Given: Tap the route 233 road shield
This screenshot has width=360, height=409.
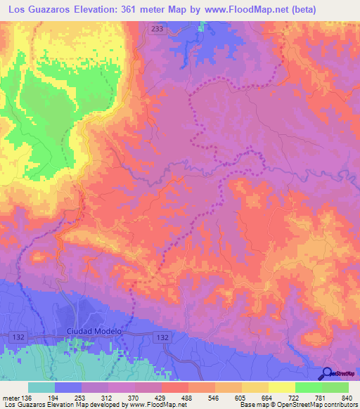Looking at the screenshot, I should (x=157, y=28).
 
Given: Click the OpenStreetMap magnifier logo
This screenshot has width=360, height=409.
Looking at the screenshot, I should (x=328, y=375).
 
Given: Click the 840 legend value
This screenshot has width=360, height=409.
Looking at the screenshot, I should (x=347, y=397).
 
